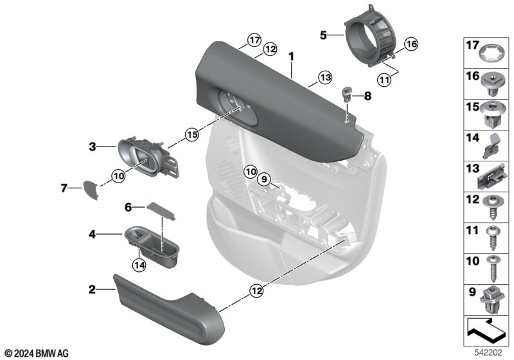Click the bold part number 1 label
(291, 57)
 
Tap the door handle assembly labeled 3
(148, 157)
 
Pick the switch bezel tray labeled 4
(152, 247)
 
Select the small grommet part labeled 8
(346, 94)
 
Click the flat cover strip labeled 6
(161, 211)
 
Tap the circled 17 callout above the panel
(254, 40)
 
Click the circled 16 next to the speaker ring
(411, 44)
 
